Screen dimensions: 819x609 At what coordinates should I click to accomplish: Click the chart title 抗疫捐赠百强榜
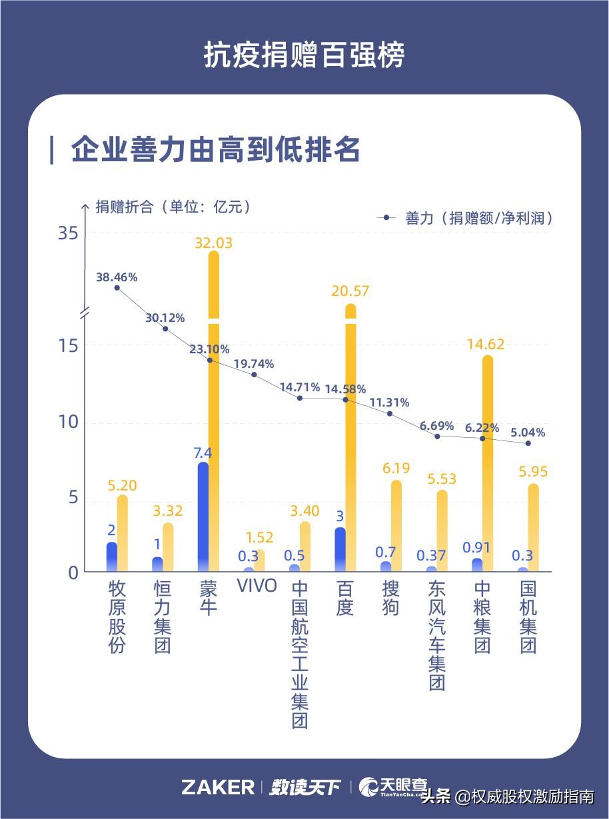click(x=304, y=56)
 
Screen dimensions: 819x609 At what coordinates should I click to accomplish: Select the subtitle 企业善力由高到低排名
click(x=215, y=150)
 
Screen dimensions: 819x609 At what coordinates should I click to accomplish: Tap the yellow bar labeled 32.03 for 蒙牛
click(x=213, y=400)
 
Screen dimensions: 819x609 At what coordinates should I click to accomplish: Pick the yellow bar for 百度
click(x=350, y=433)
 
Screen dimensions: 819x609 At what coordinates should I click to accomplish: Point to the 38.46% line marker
click(x=117, y=288)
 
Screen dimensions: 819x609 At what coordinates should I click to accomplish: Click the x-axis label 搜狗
click(x=390, y=598)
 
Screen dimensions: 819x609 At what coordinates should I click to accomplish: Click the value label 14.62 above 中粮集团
click(x=486, y=345)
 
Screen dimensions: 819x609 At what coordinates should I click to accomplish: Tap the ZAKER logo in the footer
click(x=217, y=787)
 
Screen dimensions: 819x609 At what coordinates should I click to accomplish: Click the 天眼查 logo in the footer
click(x=393, y=787)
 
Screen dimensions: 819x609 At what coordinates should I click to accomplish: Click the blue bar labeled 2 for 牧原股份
click(x=112, y=557)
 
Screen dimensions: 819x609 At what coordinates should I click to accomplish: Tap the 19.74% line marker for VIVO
click(x=254, y=375)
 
